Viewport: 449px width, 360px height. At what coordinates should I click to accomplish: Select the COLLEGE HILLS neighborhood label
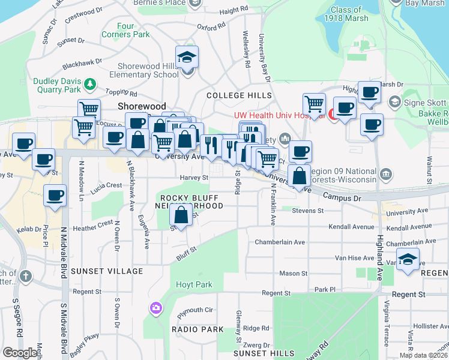240,95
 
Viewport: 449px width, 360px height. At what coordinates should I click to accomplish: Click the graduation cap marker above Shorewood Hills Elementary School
187,58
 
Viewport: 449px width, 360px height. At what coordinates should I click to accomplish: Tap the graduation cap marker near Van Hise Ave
408,259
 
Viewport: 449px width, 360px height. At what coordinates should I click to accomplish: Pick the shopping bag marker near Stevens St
181,215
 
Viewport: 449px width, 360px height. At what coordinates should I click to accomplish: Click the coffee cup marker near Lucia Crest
55,196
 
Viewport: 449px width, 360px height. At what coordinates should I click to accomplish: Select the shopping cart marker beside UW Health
314,104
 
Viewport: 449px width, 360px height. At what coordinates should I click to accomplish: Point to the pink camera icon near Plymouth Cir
156,308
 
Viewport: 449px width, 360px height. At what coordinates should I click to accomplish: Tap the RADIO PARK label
197,329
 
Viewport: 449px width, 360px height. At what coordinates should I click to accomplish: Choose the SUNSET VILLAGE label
107,271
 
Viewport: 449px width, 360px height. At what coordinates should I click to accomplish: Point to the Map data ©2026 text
423,355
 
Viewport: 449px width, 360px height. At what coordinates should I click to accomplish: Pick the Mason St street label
293,273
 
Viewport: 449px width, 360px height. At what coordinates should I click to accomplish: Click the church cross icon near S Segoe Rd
25,277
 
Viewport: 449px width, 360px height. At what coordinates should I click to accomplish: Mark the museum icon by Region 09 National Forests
385,175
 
